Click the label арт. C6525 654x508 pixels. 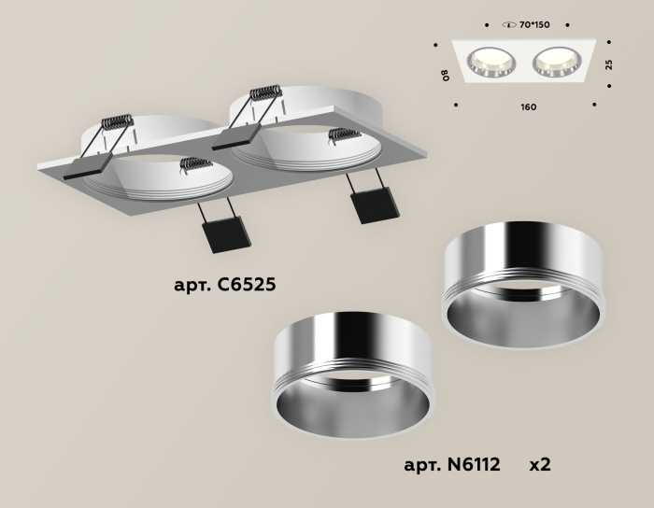click(x=224, y=285)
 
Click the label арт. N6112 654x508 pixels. click(x=452, y=463)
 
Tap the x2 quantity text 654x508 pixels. click(x=540, y=463)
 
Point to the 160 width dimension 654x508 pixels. click(x=528, y=107)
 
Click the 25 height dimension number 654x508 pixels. click(x=609, y=64)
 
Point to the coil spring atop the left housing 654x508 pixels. click(x=119, y=122)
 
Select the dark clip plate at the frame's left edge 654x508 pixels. click(x=85, y=169)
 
